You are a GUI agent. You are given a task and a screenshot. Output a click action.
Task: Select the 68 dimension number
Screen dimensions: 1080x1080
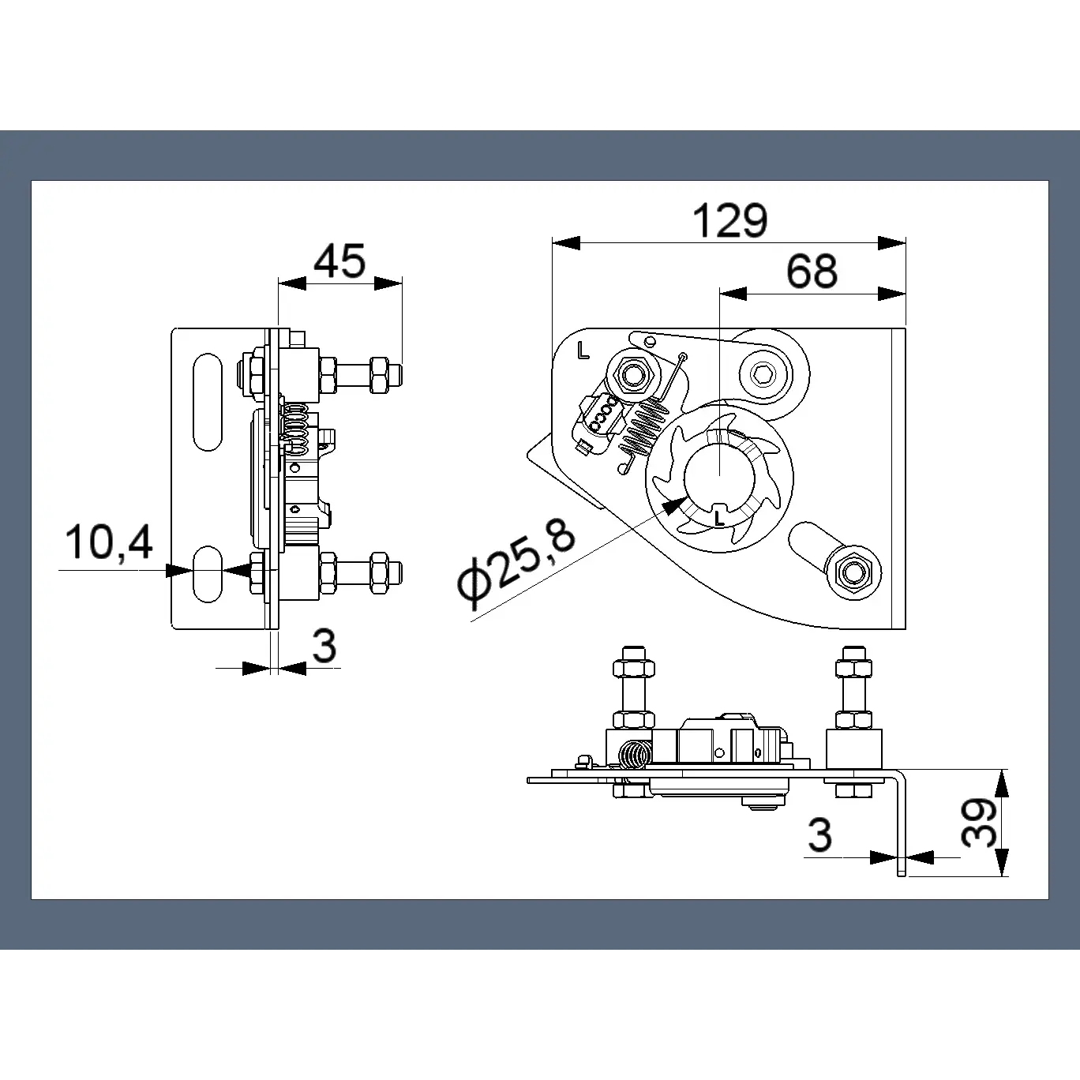[812, 271]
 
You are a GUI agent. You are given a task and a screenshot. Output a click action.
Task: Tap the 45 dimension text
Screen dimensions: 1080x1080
[339, 261]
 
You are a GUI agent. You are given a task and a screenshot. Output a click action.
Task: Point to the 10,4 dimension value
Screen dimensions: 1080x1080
[109, 542]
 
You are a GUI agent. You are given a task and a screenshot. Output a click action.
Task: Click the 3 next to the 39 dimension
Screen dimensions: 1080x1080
[820, 834]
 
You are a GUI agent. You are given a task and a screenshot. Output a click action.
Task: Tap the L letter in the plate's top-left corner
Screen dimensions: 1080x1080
[583, 351]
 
